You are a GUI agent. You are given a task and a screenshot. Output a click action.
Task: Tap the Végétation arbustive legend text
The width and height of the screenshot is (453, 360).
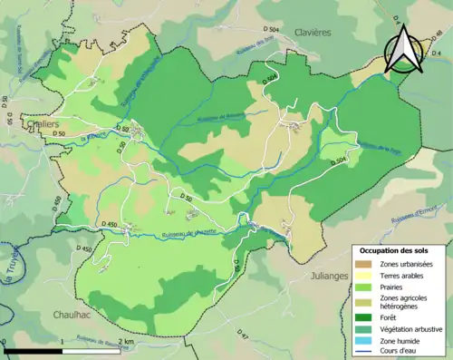pos(412,329)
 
